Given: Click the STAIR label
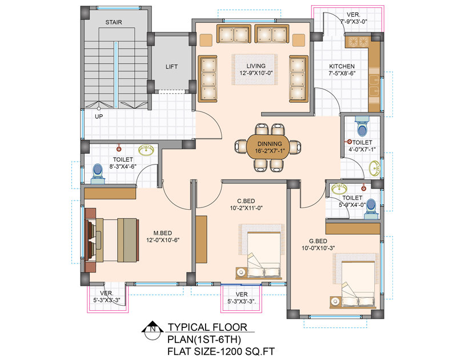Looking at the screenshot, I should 114,23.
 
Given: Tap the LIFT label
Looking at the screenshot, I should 171,67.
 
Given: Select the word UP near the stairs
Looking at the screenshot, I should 99,117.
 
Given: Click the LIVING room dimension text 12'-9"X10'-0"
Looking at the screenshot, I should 256,73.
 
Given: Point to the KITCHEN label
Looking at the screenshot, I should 341,67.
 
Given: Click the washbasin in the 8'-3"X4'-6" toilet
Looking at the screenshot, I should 147,150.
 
